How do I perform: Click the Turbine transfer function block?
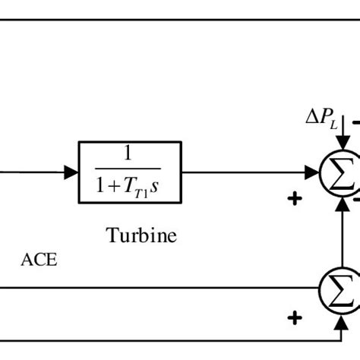130,172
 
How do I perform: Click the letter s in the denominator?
154,185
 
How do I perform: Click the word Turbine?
141,235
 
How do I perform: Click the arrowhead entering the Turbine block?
72,172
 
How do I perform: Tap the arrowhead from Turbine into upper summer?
311,173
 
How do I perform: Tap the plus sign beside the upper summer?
295,199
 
